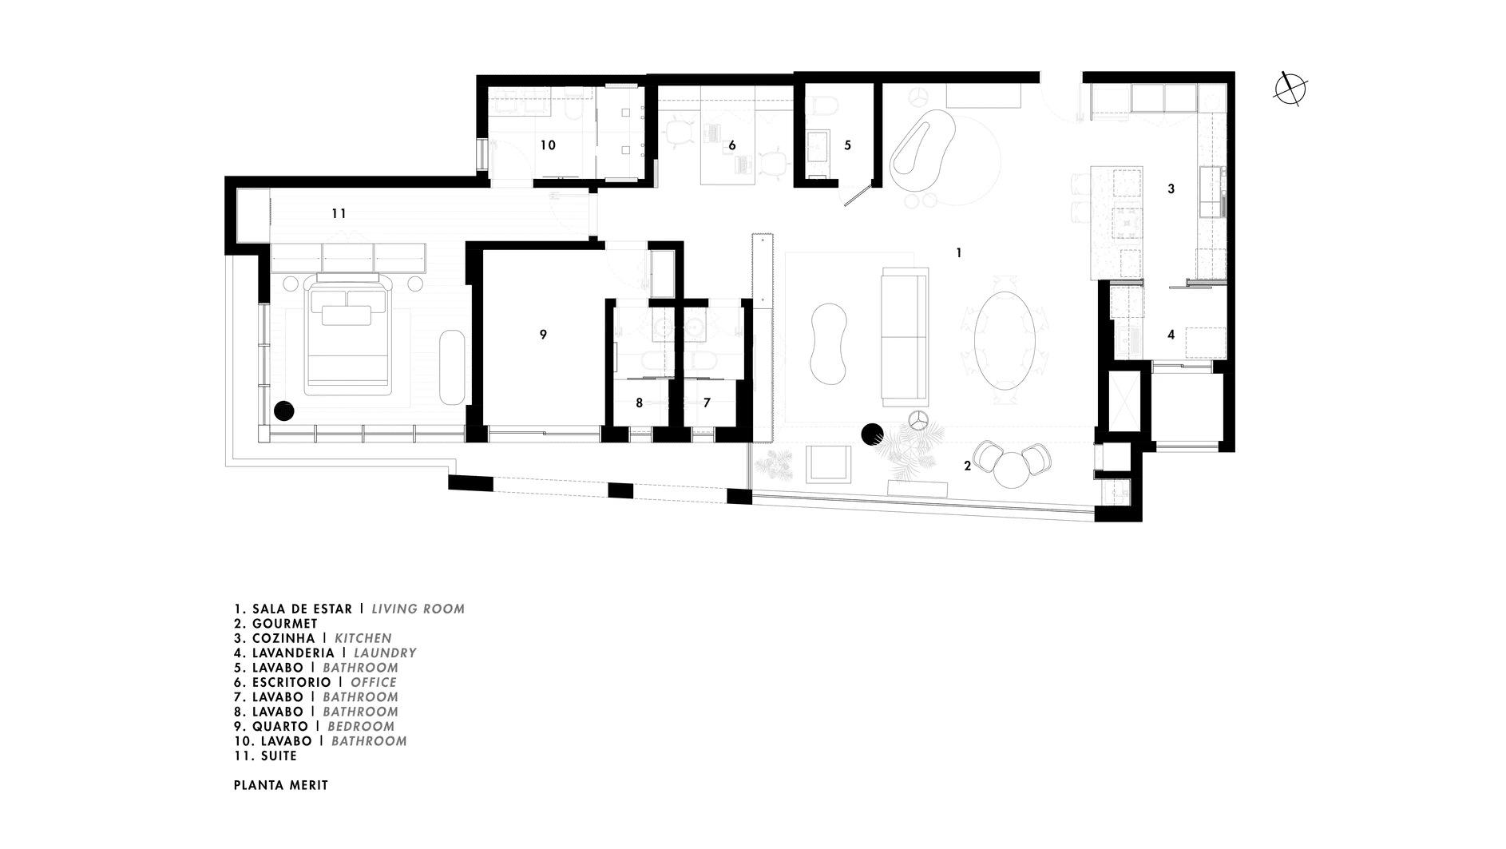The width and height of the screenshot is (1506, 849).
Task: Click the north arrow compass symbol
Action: (1290, 88)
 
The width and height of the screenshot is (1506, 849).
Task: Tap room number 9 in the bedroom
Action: (543, 335)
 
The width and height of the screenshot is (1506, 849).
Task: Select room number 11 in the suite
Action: (339, 213)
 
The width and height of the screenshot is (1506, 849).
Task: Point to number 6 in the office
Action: (731, 145)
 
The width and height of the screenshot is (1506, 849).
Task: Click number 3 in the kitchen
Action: (1171, 189)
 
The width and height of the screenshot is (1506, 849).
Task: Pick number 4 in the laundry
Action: (1171, 335)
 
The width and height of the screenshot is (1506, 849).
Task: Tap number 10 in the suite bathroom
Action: (548, 145)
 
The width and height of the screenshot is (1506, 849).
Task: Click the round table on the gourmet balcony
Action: (1013, 470)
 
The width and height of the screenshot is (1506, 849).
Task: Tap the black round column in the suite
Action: (284, 411)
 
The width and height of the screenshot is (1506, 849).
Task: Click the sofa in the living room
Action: (905, 335)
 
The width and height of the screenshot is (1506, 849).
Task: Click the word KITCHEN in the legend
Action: (363, 638)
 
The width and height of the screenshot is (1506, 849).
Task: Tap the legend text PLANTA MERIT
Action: (281, 785)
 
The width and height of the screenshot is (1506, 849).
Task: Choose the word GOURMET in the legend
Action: (285, 624)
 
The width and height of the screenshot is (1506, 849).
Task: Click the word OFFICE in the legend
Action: (374, 682)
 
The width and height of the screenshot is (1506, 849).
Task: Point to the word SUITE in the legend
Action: (278, 756)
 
